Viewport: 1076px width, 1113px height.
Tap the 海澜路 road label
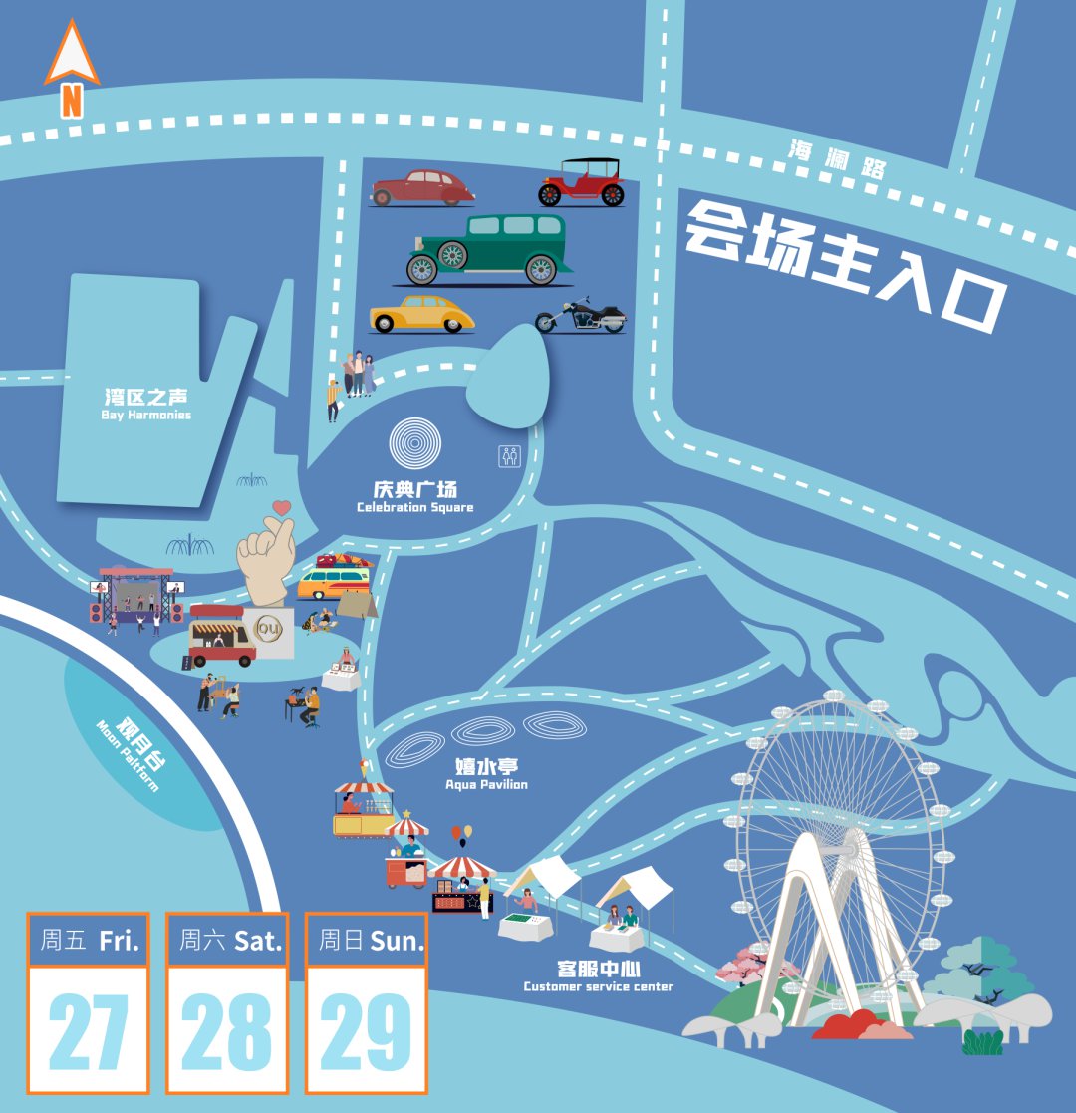(x=837, y=160)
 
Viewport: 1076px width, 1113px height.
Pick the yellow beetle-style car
(x=421, y=313)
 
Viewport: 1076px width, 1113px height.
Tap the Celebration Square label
(x=415, y=496)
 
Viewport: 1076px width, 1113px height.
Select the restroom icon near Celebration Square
(x=509, y=455)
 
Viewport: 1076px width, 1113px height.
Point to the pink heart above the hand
(x=282, y=507)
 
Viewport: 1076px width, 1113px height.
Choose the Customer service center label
(x=598, y=975)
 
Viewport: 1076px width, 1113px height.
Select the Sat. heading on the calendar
(x=257, y=939)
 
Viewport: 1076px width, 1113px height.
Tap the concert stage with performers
(x=136, y=596)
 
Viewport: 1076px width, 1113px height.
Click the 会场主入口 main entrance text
(x=843, y=264)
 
